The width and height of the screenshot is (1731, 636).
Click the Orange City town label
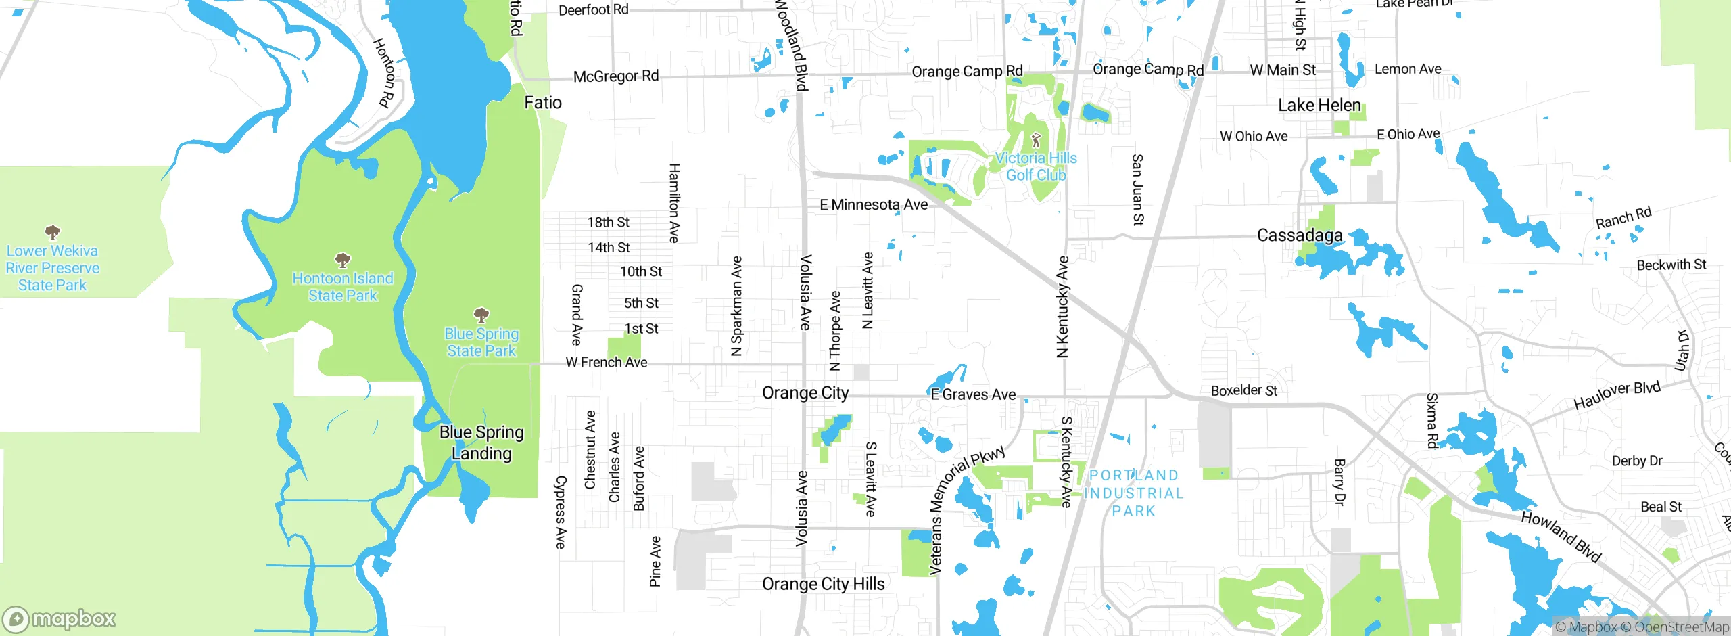[805, 393]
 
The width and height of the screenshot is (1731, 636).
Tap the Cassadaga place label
[1299, 235]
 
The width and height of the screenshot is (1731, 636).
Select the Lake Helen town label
[1319, 106]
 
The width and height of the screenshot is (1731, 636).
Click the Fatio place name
[542, 103]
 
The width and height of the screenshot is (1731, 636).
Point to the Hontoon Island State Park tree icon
[343, 260]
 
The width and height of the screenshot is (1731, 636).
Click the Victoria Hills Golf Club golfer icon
[1035, 140]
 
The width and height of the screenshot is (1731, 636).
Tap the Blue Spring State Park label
[481, 342]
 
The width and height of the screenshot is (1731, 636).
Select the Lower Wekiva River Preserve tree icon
[52, 233]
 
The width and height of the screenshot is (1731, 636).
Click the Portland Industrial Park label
[1133, 493]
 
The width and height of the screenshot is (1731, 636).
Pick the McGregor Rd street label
[615, 76]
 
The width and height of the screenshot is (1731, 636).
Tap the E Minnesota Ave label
[873, 205]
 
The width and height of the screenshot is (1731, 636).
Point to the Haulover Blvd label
[1616, 396]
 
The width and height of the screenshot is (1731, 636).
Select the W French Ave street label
[606, 363]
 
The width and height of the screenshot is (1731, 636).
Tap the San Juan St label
[1137, 189]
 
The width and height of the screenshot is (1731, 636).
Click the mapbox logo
[60, 618]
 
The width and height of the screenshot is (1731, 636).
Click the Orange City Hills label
[823, 584]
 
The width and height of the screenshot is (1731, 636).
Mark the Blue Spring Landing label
[481, 442]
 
